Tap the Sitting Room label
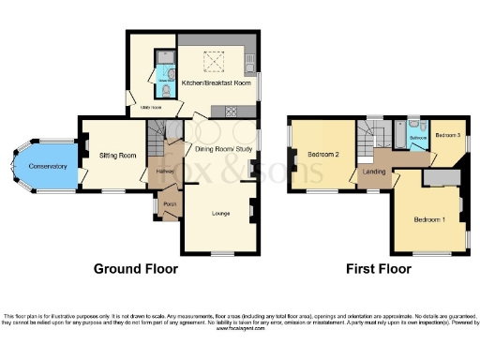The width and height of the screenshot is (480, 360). pos(118,156)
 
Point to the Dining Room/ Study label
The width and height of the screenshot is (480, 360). pos(221,146)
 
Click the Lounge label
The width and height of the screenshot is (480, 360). pos(221,214)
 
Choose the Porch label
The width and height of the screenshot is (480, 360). pos(170,205)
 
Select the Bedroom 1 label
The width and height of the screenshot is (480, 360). pos(430,219)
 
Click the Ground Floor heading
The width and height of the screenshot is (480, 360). pos(135,269)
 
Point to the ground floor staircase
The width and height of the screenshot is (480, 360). pos(168,130)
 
